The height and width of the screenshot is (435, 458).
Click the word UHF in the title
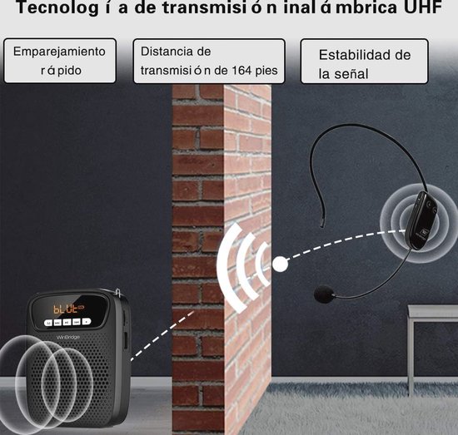[422, 7]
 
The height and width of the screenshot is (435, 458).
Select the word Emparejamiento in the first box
[59, 52]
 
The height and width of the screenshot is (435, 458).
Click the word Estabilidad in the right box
[351, 55]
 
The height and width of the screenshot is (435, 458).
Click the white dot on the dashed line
[280, 264]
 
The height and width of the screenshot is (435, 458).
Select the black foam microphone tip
[324, 294]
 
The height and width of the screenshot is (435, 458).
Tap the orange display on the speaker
[68, 309]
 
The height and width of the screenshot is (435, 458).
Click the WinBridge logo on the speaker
[67, 337]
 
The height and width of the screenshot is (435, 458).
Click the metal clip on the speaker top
[118, 293]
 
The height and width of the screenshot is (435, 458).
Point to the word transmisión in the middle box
[176, 71]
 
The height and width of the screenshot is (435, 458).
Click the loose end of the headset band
[322, 225]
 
